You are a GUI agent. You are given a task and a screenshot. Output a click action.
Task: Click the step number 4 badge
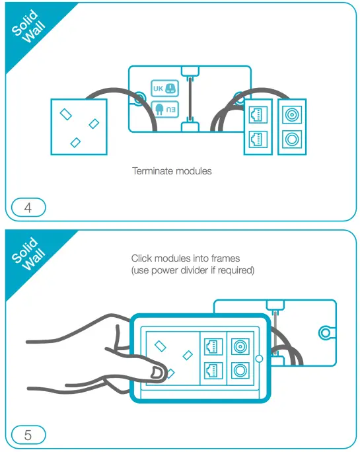[27, 207]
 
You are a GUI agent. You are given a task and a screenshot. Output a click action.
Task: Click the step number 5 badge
[27, 435]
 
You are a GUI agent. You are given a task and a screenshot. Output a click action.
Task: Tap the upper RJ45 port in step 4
[256, 115]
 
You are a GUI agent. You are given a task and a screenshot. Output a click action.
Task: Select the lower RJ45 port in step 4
[256, 139]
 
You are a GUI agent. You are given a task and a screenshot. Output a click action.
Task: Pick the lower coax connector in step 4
[291, 139]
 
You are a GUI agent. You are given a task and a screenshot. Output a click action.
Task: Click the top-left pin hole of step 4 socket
[66, 114]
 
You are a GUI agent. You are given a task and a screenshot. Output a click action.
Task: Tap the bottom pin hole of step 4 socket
[75, 142]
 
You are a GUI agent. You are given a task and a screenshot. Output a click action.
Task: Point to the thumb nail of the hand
[157, 373]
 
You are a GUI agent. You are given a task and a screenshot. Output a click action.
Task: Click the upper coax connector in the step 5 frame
[240, 346]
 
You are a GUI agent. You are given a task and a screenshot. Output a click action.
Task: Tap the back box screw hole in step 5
[325, 332]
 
